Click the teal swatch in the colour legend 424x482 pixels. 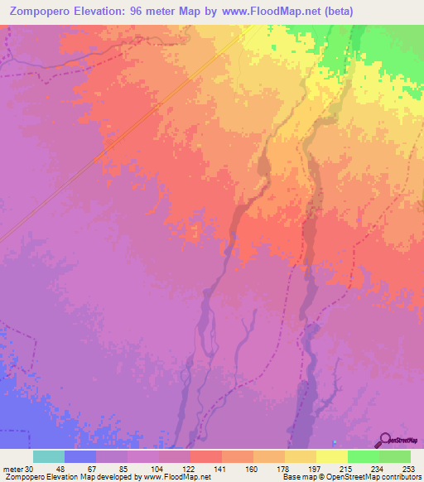click(x=49, y=457)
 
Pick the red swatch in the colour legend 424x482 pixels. click(x=205, y=457)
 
